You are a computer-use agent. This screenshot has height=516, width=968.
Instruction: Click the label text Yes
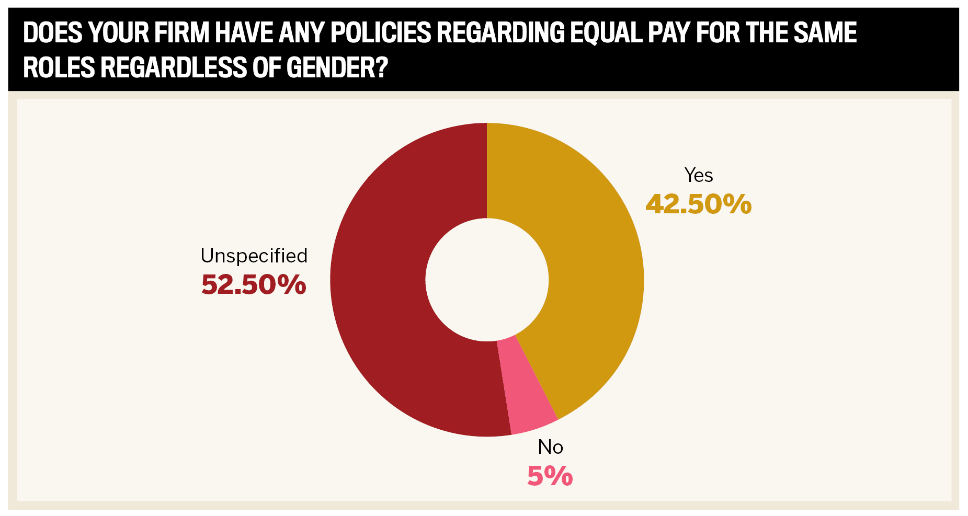tap(698, 175)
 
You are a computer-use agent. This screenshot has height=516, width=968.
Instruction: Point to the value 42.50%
tap(699, 204)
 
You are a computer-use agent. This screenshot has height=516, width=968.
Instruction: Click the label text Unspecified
tap(254, 256)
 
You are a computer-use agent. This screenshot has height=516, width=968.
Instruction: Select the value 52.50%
tap(254, 285)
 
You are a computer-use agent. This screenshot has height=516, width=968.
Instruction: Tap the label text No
tap(550, 447)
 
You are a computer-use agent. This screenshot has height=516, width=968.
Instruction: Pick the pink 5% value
tap(550, 476)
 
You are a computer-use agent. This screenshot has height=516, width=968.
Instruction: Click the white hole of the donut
tap(487, 280)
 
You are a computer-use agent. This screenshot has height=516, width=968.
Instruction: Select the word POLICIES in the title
tap(381, 32)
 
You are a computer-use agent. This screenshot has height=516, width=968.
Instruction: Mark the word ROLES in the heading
tap(59, 67)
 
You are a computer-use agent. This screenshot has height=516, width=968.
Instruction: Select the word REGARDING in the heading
tap(500, 32)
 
